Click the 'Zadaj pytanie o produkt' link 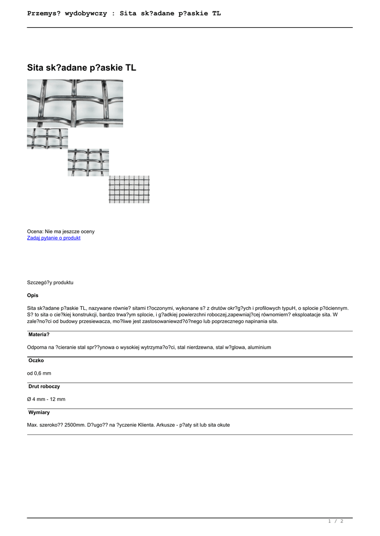click(x=53, y=238)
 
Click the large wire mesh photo click(x=75, y=103)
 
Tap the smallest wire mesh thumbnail click(x=47, y=138)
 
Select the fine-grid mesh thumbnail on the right click(x=129, y=189)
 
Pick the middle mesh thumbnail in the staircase click(x=88, y=162)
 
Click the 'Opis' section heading click(x=32, y=295)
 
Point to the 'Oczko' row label click(x=36, y=361)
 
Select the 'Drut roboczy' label click(x=44, y=386)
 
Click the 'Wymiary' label click(x=39, y=412)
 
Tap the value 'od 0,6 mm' click(x=39, y=373)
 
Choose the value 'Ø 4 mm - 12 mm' click(x=46, y=399)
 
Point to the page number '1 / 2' click(x=335, y=521)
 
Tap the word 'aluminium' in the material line click(x=259, y=347)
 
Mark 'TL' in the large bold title click(x=130, y=68)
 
